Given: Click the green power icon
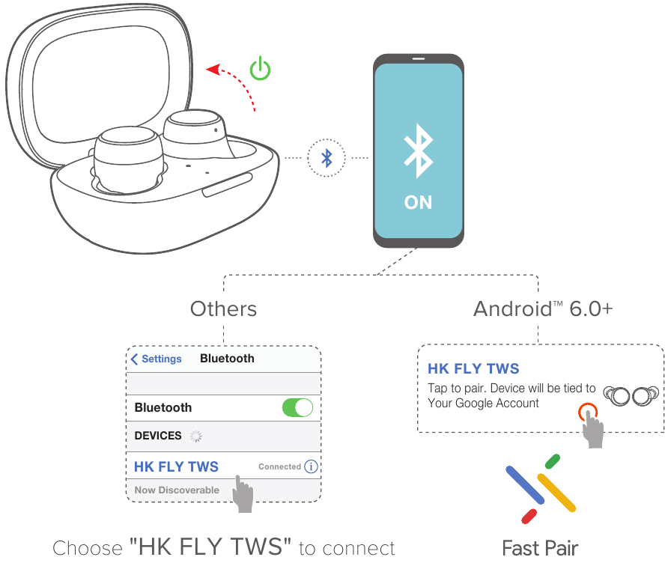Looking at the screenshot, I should pyautogui.click(x=260, y=69).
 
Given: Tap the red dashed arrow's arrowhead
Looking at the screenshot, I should pyautogui.click(x=212, y=70).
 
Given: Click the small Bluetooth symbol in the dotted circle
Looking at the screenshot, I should pyautogui.click(x=327, y=158).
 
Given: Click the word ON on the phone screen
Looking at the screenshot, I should pyautogui.click(x=418, y=202).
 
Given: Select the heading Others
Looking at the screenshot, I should pyautogui.click(x=223, y=308).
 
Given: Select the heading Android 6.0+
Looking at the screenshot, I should pyautogui.click(x=543, y=308).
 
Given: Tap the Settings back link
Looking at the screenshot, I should pyautogui.click(x=157, y=359).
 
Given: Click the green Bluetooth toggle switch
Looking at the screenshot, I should pyautogui.click(x=297, y=407).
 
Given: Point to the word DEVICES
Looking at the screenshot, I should pyautogui.click(x=158, y=436).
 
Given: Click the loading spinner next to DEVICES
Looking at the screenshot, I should pyautogui.click(x=196, y=436).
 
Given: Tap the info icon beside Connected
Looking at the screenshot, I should pyautogui.click(x=311, y=466).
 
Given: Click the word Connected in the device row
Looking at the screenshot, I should pyautogui.click(x=279, y=466).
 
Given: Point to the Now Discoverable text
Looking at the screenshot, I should pyautogui.click(x=177, y=490).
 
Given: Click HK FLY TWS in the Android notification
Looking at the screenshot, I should pyautogui.click(x=473, y=368).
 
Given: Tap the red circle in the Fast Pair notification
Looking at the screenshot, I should pyautogui.click(x=587, y=411).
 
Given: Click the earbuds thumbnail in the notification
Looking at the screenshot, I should pyautogui.click(x=631, y=395).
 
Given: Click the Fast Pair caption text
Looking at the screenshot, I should pyautogui.click(x=540, y=548).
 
